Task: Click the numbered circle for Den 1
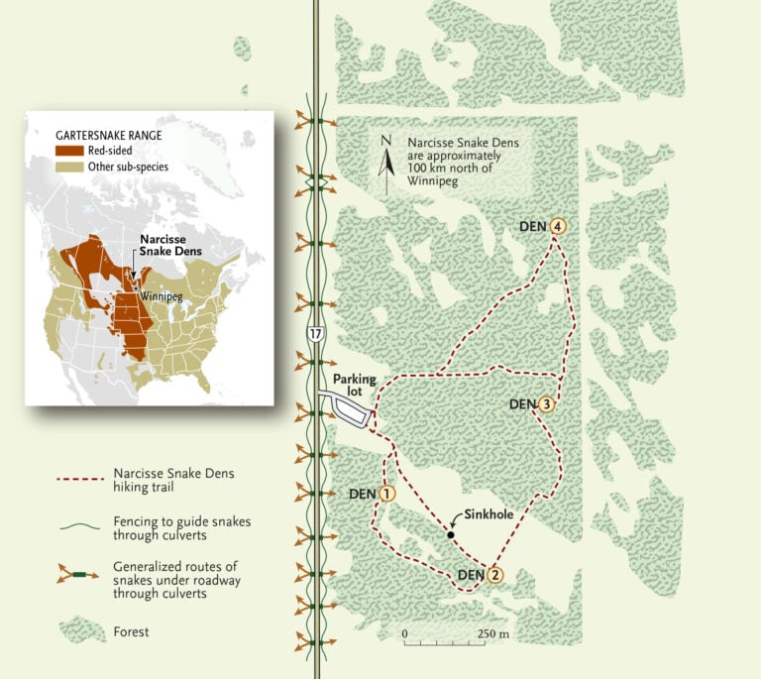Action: [387, 493]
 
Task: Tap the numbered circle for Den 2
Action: [494, 574]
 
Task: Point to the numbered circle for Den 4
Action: [559, 227]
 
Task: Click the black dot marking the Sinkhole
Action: [450, 535]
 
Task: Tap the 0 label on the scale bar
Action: [404, 633]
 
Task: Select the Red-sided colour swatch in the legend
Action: [68, 150]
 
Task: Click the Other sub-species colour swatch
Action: [68, 167]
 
